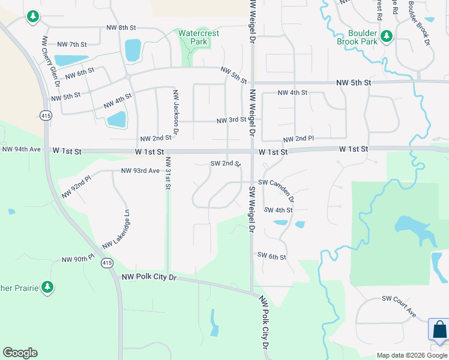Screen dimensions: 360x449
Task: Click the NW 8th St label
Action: (x=121, y=28)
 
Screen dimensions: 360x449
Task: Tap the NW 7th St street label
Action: (x=72, y=44)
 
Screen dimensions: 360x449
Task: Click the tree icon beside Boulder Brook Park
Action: (x=387, y=36)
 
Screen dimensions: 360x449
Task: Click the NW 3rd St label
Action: (x=232, y=120)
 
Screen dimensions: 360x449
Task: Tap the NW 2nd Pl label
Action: (x=298, y=139)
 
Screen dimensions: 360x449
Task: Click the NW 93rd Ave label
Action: (x=140, y=170)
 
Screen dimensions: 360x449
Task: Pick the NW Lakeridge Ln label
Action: (x=116, y=229)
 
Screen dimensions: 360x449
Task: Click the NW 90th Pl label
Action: (x=78, y=259)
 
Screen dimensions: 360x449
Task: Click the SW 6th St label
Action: (x=271, y=256)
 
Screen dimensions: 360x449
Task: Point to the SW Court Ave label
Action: (x=399, y=306)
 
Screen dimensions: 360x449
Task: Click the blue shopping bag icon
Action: (x=439, y=329)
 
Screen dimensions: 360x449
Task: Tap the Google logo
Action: (x=20, y=353)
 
